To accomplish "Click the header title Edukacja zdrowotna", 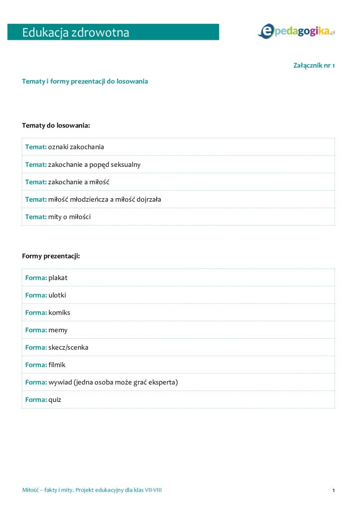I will click(x=76, y=33).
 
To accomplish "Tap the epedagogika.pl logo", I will click(x=296, y=31).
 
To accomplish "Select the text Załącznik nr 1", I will click(x=314, y=65).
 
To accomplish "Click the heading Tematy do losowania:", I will click(x=56, y=125).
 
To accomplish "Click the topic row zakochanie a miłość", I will click(x=79, y=182).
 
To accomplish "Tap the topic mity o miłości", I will click(x=69, y=217).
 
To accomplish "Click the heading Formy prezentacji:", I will click(x=51, y=256).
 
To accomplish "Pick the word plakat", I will click(x=58, y=277).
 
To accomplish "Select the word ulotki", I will click(x=57, y=295).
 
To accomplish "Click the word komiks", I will click(x=59, y=312).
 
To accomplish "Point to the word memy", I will click(x=58, y=330).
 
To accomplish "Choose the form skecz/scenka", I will click(x=68, y=347).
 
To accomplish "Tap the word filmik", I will click(x=57, y=365).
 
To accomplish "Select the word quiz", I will click(x=55, y=399).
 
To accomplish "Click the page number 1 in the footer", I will click(x=334, y=491).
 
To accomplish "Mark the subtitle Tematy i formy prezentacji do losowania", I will click(x=85, y=81).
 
